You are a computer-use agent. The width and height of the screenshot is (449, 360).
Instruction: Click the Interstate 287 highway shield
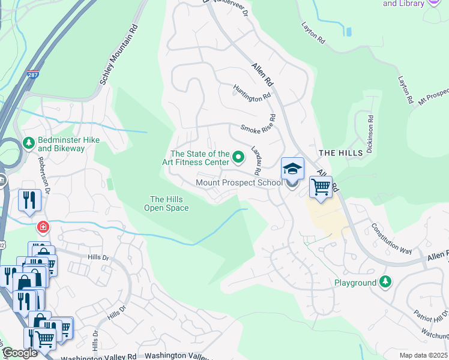pyautogui.click(x=32, y=76)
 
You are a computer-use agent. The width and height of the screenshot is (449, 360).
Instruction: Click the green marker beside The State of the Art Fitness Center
pyautogui.click(x=238, y=158)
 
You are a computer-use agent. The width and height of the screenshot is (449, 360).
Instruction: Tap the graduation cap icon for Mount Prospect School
pyautogui.click(x=292, y=169)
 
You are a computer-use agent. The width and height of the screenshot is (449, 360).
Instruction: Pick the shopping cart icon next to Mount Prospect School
pyautogui.click(x=321, y=188)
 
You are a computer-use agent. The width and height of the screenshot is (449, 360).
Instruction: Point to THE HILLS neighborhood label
pyautogui.click(x=341, y=153)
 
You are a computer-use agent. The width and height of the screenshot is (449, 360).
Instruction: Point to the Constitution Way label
pyautogui.click(x=391, y=238)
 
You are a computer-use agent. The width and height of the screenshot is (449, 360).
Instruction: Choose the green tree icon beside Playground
pyautogui.click(x=385, y=282)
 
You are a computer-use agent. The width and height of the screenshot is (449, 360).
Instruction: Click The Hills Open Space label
pyautogui.click(x=166, y=204)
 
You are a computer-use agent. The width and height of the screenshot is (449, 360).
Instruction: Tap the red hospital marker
pyautogui.click(x=43, y=227)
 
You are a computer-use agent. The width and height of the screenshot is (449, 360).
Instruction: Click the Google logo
pyautogui.click(x=19, y=353)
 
